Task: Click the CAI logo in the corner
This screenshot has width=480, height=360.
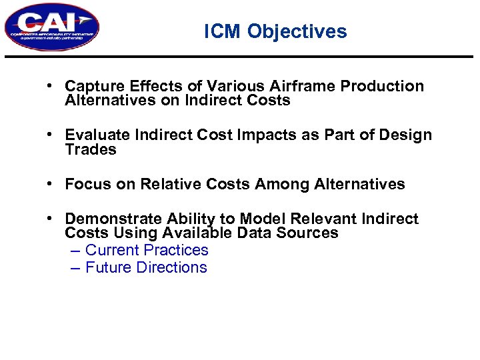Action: point(51,27)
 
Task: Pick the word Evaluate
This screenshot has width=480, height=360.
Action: point(95,135)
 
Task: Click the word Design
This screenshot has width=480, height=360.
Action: point(405,135)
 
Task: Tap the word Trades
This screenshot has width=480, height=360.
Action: point(90,150)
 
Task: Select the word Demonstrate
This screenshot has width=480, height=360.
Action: point(113,219)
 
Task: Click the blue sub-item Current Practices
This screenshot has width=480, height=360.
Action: point(147,251)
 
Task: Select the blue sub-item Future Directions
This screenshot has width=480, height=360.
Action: point(146,268)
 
